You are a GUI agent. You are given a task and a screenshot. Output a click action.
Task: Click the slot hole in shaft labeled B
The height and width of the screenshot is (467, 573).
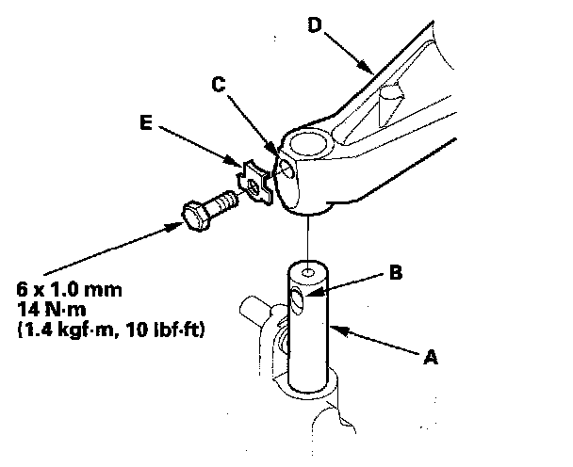298,300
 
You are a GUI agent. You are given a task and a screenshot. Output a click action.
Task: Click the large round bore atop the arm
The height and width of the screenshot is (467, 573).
308,144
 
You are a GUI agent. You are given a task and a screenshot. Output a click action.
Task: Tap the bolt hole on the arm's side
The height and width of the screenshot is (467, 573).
284,168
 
